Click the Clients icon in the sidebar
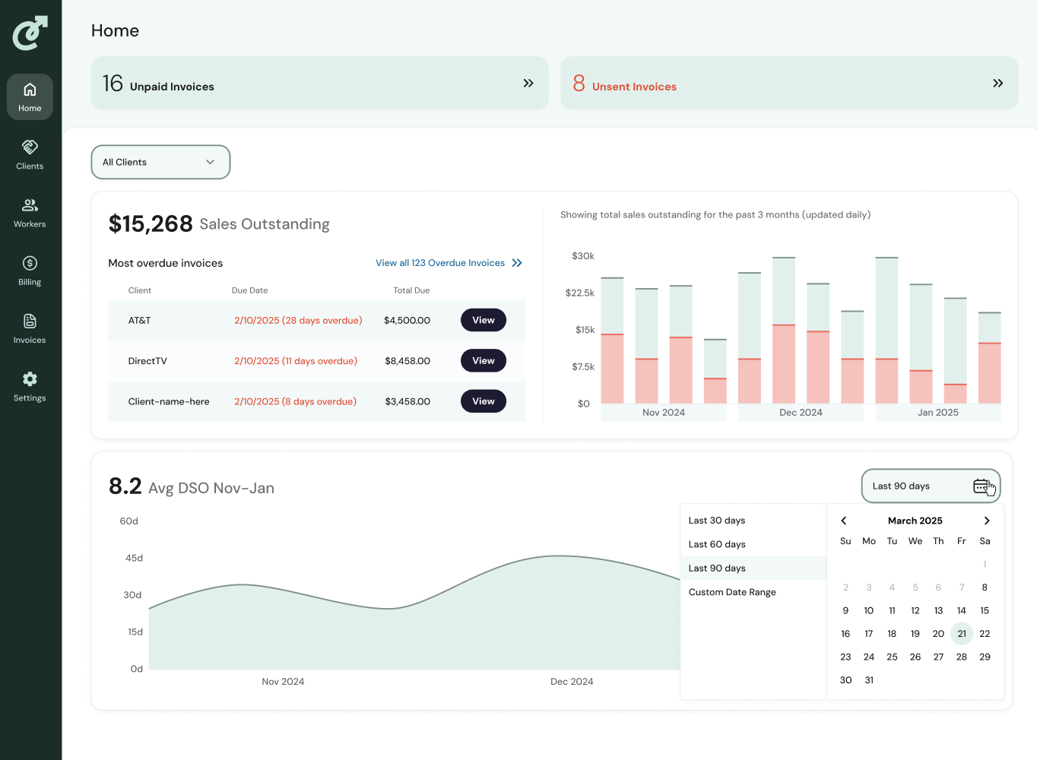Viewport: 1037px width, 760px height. click(x=30, y=147)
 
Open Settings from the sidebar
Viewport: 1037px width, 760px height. click(x=30, y=387)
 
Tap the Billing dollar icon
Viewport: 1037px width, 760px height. click(x=30, y=264)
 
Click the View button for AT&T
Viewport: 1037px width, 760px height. click(x=483, y=320)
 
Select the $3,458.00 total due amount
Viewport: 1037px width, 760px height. click(x=408, y=401)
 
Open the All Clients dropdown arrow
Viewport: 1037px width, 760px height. click(x=210, y=162)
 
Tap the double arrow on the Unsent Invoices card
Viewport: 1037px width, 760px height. click(x=997, y=84)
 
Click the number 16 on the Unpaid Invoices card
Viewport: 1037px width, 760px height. click(x=113, y=84)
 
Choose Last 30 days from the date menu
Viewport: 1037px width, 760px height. click(x=717, y=521)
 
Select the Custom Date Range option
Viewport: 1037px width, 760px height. click(x=732, y=592)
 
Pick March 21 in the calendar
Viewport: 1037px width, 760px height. click(x=962, y=634)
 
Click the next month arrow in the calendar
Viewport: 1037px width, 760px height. click(x=987, y=521)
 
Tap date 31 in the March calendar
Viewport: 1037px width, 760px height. click(x=869, y=680)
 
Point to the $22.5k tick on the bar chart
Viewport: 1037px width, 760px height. click(x=579, y=293)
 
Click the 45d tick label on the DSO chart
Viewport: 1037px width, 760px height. click(x=134, y=558)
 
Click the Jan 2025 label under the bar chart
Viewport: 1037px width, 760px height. click(x=938, y=413)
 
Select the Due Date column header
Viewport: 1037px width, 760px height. click(x=249, y=290)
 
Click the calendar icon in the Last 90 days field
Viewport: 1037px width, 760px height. click(x=981, y=486)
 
